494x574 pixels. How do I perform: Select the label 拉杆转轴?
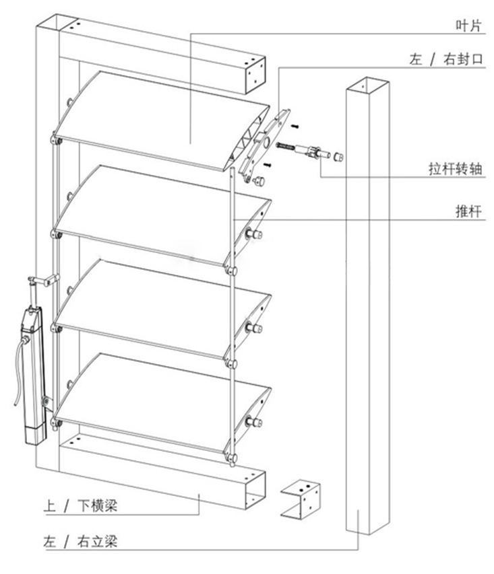tap(456, 169)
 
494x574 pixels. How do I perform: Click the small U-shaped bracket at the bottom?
tap(300, 500)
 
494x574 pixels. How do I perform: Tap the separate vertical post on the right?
tap(365, 303)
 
